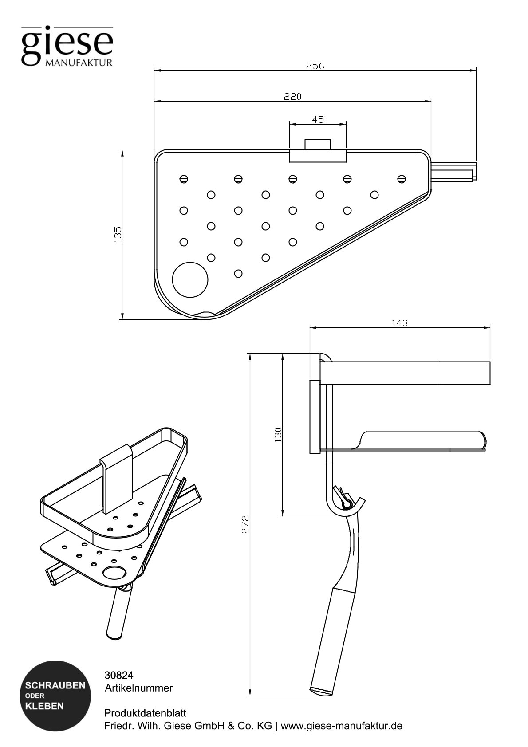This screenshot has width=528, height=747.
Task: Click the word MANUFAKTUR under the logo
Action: click(79, 62)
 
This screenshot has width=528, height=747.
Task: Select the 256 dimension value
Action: click(315, 66)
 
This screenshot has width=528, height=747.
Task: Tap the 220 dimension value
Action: click(293, 96)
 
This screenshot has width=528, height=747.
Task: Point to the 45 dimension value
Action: click(318, 119)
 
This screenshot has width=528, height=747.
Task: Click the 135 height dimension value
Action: click(118, 234)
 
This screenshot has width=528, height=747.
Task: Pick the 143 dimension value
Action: click(399, 323)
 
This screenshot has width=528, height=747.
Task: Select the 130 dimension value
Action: click(278, 434)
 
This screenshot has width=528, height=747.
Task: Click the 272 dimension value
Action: click(245, 524)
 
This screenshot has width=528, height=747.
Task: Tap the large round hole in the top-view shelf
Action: click(190, 279)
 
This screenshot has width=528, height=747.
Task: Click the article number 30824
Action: click(118, 675)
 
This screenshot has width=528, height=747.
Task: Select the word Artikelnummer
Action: click(138, 688)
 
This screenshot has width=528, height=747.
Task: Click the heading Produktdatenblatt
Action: click(145, 713)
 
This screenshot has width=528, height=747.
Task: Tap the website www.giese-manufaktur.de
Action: click(342, 726)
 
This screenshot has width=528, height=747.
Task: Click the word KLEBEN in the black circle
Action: click(45, 706)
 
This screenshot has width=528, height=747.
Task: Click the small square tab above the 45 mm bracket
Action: click(318, 144)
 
